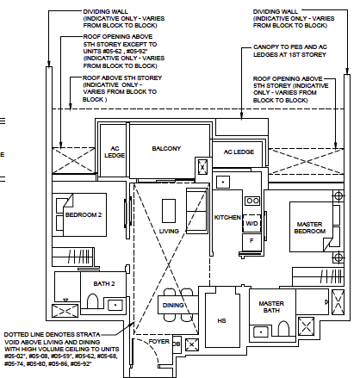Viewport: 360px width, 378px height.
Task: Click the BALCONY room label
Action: coord(167,149)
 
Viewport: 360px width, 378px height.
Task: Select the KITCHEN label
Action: coord(227,217)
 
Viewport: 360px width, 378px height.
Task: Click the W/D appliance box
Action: coord(251,224)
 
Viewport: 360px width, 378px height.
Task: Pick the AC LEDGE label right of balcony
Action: coord(239,152)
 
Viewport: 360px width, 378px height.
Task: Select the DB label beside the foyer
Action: coord(177,344)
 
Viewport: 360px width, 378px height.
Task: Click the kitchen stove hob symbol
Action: coord(252,201)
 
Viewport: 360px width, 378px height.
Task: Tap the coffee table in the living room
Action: coord(168,209)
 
